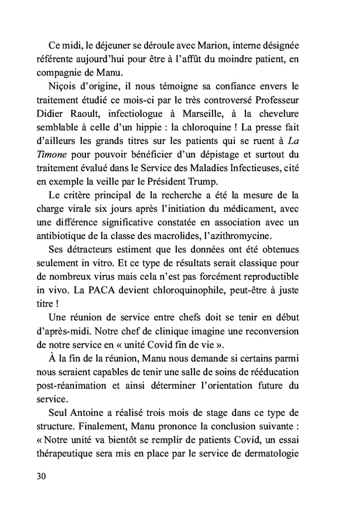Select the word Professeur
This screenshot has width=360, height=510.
click(x=286, y=99)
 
